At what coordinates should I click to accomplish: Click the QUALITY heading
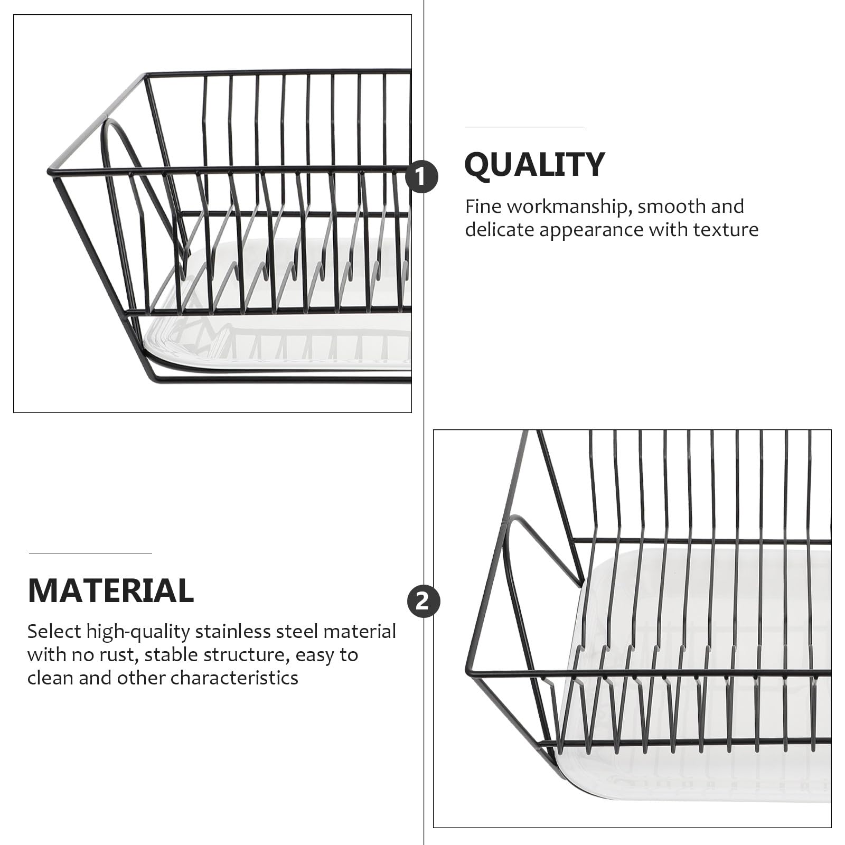pyautogui.click(x=534, y=164)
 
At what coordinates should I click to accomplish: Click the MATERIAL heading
pyautogui.click(x=111, y=590)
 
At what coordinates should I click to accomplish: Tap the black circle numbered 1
pyautogui.click(x=421, y=176)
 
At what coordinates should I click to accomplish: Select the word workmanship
pyautogui.click(x=570, y=206)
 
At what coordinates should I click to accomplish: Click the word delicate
pyautogui.click(x=500, y=230)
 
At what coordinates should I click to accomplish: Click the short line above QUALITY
pyautogui.click(x=524, y=127)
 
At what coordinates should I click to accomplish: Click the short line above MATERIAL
pyautogui.click(x=90, y=553)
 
